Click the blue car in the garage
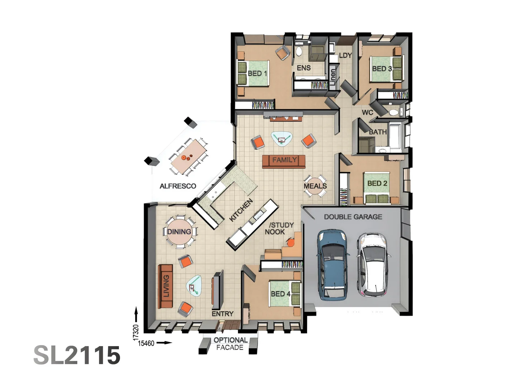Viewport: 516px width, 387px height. click(332, 264)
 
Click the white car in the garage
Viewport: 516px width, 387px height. click(373, 264)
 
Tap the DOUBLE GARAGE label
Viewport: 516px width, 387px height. click(353, 217)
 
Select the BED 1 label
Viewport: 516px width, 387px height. click(257, 73)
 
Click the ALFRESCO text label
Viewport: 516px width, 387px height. click(178, 186)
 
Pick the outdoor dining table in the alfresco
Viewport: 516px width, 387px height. click(188, 157)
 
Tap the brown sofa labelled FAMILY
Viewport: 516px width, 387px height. click(283, 161)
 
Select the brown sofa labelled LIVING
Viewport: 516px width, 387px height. click(165, 286)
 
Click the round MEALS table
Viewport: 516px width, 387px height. click(315, 186)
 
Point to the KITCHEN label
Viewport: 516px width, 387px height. click(241, 210)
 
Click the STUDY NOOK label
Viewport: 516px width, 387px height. click(280, 228)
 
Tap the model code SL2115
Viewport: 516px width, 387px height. click(77, 355)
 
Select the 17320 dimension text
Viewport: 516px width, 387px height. click(135, 332)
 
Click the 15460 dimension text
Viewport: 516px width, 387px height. click(146, 343)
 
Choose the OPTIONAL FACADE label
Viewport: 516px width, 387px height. click(230, 344)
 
